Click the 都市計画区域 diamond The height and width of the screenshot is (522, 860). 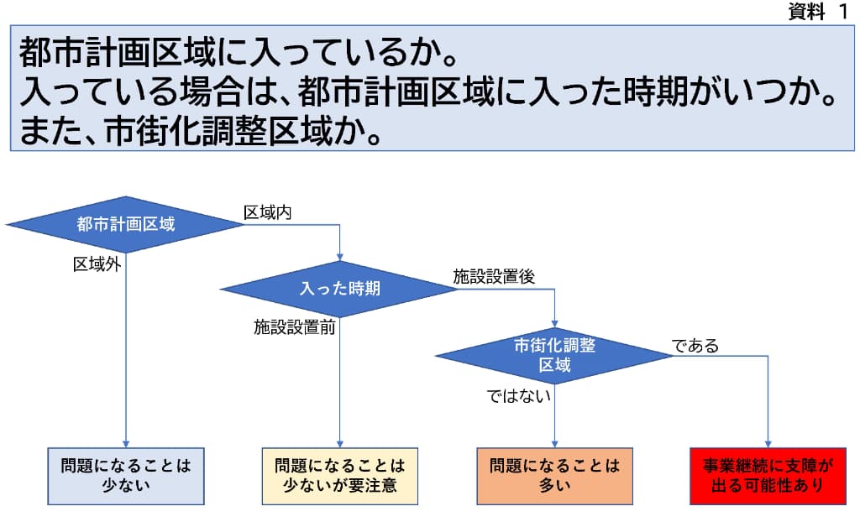[126, 224]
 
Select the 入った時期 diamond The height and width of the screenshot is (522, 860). [339, 289]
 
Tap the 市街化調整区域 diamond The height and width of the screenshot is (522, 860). [554, 355]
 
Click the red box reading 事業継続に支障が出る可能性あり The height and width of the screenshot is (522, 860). [768, 475]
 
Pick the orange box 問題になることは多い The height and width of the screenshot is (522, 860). [554, 475]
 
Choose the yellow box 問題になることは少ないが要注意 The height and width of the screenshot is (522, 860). [339, 475]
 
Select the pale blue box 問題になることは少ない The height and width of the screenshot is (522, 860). [126, 475]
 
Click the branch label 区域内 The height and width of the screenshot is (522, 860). [267, 211]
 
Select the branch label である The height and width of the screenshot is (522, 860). [695, 345]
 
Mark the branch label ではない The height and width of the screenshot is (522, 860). [519, 395]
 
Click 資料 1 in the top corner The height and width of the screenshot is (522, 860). [817, 12]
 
